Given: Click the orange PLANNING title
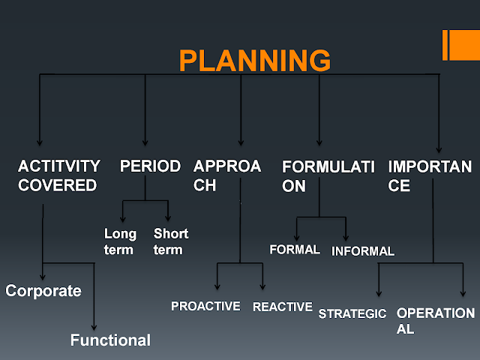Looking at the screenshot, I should tap(254, 60).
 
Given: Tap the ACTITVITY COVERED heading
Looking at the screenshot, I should tap(58, 175).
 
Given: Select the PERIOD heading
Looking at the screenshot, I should tap(150, 166).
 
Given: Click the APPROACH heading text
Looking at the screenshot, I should tap(226, 175).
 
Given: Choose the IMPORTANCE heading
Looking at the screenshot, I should tap(430, 175).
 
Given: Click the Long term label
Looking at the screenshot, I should tap(120, 241).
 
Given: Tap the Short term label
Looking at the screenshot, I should tap(170, 241).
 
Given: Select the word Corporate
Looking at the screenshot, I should tap(43, 291).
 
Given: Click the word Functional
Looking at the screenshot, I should tap(110, 340).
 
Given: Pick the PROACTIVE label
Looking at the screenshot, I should tap(205, 306).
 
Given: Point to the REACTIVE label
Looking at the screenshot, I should tap(282, 306).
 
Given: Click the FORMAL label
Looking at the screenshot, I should tap(295, 249).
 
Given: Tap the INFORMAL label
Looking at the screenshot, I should tap(363, 251).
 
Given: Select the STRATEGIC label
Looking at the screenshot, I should tap(352, 313).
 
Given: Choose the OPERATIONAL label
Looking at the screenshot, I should tap(435, 320).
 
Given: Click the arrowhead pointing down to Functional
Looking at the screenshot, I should tap(94, 326).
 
